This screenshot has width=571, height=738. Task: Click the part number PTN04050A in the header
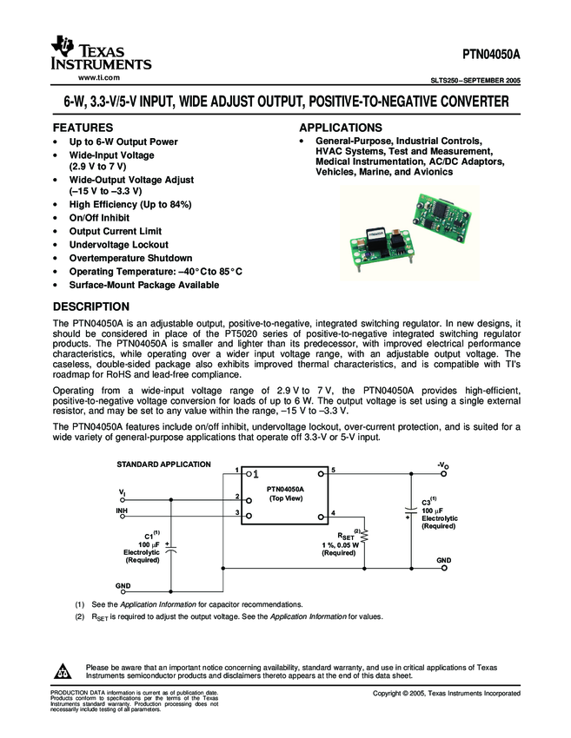tap(489, 54)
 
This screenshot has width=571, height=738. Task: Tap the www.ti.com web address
tap(98, 78)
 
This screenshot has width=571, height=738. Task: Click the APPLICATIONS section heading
tap(341, 128)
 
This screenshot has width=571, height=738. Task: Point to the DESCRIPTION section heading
tap(91, 306)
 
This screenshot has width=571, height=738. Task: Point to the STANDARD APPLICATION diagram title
tap(163, 466)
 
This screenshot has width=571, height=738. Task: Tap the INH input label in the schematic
tap(122, 511)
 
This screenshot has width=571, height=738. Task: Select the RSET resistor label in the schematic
tap(345, 536)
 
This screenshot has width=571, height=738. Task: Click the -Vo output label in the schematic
tap(443, 466)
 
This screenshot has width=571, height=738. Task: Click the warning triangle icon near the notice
tap(63, 671)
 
